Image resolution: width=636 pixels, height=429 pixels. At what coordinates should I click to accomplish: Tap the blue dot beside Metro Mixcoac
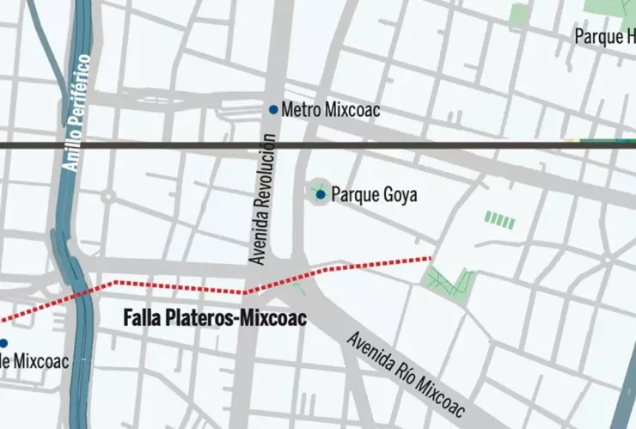click(x=273, y=109)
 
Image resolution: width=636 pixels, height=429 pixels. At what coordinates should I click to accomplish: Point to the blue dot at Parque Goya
click(x=321, y=195)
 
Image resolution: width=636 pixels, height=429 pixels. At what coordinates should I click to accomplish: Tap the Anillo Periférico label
click(x=77, y=113)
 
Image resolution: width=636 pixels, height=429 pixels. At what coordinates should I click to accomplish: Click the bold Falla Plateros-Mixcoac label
click(x=211, y=318)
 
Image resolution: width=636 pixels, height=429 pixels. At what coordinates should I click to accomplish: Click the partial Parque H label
click(x=605, y=37)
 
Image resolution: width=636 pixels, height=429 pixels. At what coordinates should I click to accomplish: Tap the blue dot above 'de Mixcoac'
click(x=3, y=343)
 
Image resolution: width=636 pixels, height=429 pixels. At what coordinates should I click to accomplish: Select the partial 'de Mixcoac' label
click(x=34, y=361)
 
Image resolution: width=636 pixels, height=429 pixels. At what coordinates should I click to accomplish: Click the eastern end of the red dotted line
click(x=429, y=257)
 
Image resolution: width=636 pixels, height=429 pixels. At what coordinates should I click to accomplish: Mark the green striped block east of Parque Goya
click(x=499, y=220)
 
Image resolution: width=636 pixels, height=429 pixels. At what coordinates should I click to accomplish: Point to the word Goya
click(x=399, y=196)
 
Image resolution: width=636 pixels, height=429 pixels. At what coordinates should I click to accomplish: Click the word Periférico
click(x=80, y=92)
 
